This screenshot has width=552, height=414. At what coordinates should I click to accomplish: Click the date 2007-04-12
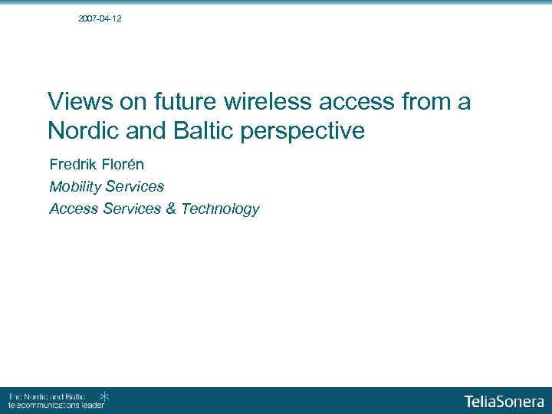pyautogui.click(x=100, y=18)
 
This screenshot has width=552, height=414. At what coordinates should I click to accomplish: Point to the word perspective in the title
pyautogui.click(x=303, y=132)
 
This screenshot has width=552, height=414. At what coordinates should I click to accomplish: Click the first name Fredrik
pyautogui.click(x=74, y=164)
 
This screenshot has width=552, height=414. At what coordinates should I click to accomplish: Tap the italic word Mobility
pyautogui.click(x=75, y=186)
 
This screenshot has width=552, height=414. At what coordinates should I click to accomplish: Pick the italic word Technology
pyautogui.click(x=220, y=209)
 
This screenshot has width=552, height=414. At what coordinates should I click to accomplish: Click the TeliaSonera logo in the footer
pyautogui.click(x=504, y=401)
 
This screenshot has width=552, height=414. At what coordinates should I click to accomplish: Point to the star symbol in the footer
pyautogui.click(x=105, y=396)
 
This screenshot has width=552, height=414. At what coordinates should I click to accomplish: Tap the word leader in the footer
pyautogui.click(x=92, y=405)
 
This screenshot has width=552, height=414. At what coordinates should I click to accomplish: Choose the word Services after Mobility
pyautogui.click(x=135, y=186)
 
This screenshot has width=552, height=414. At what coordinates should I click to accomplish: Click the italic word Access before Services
pyautogui.click(x=72, y=209)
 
